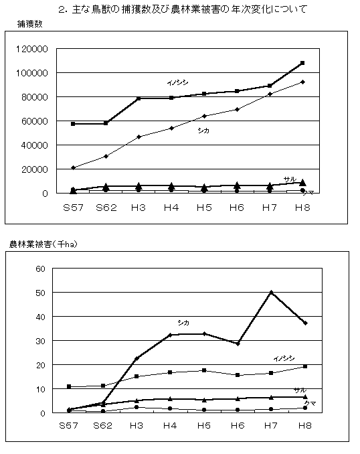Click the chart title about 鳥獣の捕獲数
pyautogui.click(x=182, y=9)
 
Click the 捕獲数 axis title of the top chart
pyautogui.click(x=30, y=23)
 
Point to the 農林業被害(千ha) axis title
pyautogui.click(x=43, y=244)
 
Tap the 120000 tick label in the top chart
pyautogui.click(x=32, y=49)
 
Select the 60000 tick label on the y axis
pyautogui.click(x=34, y=121)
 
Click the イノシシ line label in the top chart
pyautogui.click(x=177, y=83)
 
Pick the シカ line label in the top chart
pyautogui.click(x=203, y=131)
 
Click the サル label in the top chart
pyautogui.click(x=290, y=179)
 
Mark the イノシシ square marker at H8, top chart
pyautogui.click(x=302, y=63)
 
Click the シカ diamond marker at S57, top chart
pyautogui.click(x=73, y=167)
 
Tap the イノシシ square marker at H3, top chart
pyautogui.click(x=139, y=98)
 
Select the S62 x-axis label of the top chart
pyautogui.click(x=106, y=208)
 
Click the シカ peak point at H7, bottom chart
pyautogui.click(x=271, y=293)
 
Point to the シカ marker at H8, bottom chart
pyautogui.click(x=305, y=323)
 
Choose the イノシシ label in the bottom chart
pyautogui.click(x=284, y=358)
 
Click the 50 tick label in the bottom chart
pyautogui.click(x=41, y=293)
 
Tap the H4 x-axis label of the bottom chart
pyautogui.click(x=170, y=425)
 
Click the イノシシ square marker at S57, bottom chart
pyautogui.click(x=69, y=386)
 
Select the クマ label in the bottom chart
pyautogui.click(x=310, y=403)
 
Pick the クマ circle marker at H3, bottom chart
pyautogui.click(x=137, y=407)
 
